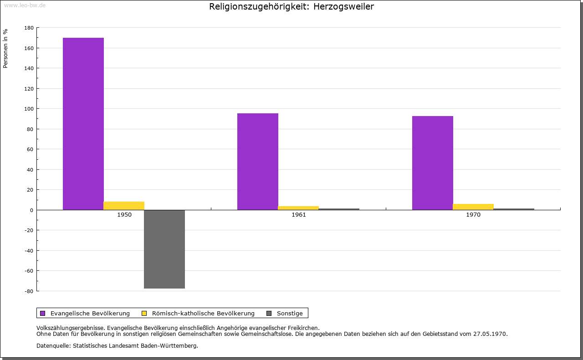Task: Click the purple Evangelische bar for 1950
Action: point(83,124)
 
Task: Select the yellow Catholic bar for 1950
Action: point(124,206)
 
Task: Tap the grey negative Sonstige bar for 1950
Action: point(164,249)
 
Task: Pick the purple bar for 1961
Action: point(258,162)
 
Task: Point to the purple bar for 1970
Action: point(433,163)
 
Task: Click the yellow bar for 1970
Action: point(473,207)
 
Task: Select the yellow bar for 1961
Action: point(298,208)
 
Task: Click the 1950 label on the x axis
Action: point(124,215)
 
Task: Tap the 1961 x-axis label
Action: point(299,215)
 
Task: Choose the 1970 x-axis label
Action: point(473,215)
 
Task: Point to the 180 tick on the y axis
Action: point(29,28)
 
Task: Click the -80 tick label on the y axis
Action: point(29,291)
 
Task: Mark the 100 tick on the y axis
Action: point(29,109)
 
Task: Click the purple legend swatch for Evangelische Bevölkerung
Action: point(43,314)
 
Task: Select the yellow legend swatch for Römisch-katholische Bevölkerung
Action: point(144,314)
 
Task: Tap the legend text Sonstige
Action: point(290,314)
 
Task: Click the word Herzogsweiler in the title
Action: point(343,6)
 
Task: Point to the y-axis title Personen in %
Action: point(5,48)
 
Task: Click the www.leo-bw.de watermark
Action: point(25,5)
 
